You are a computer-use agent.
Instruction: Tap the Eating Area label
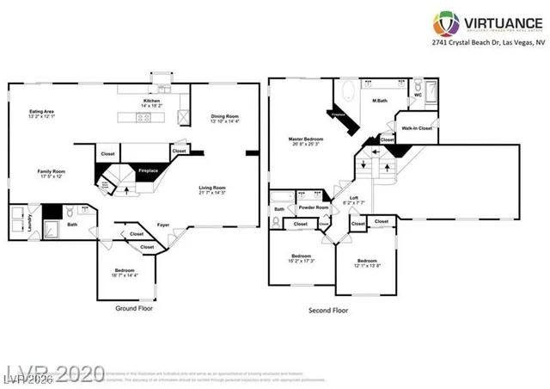43,113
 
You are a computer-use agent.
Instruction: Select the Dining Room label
225,119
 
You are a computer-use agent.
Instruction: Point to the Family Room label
51,173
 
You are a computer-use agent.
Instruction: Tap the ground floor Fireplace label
149,171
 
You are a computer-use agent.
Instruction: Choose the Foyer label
162,227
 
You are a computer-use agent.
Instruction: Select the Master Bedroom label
307,139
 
